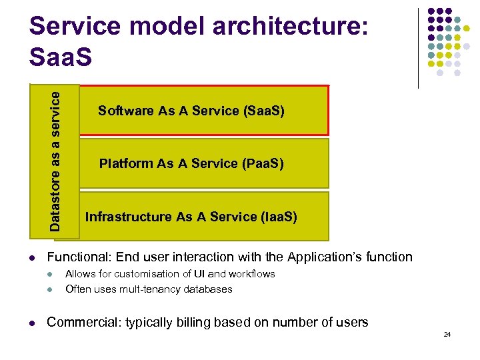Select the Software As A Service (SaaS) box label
click(x=191, y=111)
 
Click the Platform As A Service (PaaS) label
click(x=191, y=163)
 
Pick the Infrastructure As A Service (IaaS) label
click(x=191, y=217)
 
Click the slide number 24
click(x=447, y=334)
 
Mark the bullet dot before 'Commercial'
click(x=32, y=323)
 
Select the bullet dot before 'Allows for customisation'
click(x=51, y=275)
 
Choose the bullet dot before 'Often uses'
click(x=51, y=290)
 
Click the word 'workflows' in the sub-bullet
click(x=253, y=274)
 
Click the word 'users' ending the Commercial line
click(x=351, y=323)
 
